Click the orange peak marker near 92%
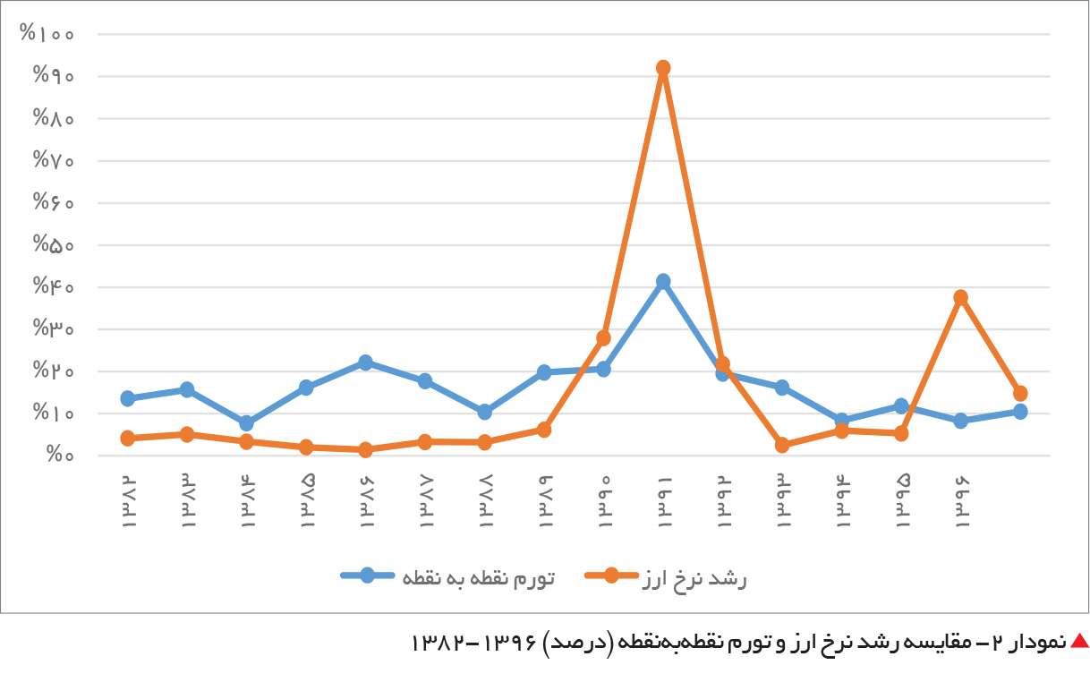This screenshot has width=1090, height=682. coord(663,68)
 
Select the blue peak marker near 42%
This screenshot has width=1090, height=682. coord(663,281)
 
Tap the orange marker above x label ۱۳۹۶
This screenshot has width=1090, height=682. coord(960,297)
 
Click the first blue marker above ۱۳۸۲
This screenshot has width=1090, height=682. coord(127,398)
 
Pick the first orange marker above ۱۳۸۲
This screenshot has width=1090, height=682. coord(127,439)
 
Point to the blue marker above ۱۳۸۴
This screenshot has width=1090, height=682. coord(246,423)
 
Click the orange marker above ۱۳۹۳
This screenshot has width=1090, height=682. coord(782,445)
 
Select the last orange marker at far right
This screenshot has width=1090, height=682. coord(1020,393)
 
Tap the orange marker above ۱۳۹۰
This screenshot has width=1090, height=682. coord(603,337)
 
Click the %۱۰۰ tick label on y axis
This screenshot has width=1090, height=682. coord(47,33)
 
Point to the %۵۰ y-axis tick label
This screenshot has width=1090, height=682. coord(54,243)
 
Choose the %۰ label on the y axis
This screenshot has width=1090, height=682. coord(60,455)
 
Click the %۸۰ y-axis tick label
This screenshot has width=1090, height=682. coord(54,117)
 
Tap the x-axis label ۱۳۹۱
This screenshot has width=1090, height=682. coord(664,502)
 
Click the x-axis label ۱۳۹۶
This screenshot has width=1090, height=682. coord(961,502)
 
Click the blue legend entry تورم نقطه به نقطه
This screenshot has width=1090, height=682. coord(447,577)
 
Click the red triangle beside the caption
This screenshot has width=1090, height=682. coord(1080,641)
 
